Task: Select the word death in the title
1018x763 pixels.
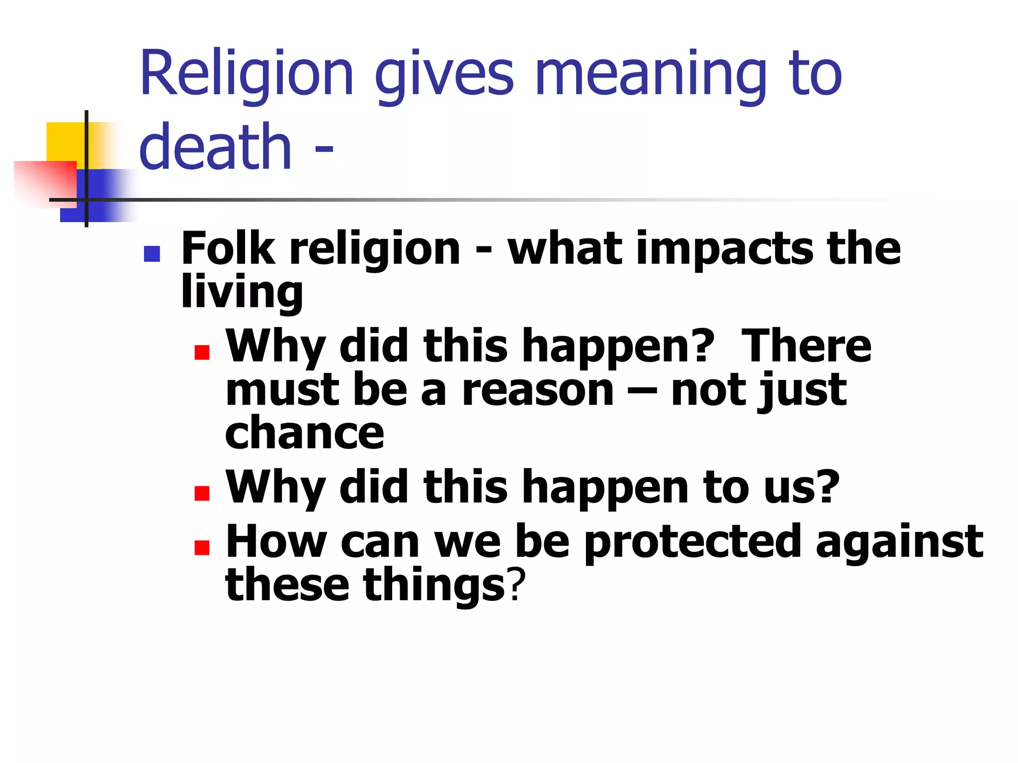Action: click(215, 146)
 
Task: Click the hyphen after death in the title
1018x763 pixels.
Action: click(324, 149)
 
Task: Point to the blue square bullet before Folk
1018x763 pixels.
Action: click(152, 254)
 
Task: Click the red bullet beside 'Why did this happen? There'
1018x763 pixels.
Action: click(202, 352)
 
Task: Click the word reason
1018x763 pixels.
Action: click(538, 390)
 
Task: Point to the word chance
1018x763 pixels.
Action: click(305, 433)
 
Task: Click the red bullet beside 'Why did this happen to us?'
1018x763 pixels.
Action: click(202, 493)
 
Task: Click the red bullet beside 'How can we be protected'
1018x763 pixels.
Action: click(202, 547)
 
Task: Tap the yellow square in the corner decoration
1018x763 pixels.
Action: click(65, 141)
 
